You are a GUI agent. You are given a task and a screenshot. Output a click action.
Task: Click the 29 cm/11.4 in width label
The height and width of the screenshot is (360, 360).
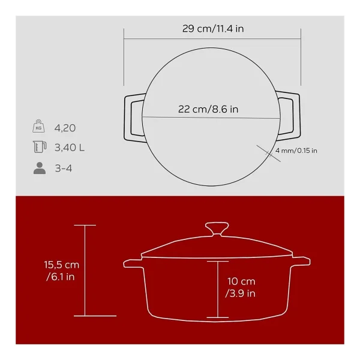pos(213,29)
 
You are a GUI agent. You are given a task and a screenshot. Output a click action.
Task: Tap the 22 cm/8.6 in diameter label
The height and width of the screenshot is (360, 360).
pos(208,109)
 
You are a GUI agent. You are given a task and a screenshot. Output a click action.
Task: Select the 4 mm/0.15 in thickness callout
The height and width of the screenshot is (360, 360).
pos(296,151)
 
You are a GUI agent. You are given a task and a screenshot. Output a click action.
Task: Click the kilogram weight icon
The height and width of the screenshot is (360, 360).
pos(38,126)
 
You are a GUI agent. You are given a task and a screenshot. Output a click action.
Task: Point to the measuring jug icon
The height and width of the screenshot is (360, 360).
pos(40,147)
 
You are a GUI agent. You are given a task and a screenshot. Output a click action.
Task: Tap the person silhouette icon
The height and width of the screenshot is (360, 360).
pos(40,168)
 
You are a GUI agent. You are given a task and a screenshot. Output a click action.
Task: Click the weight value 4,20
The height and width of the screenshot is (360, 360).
pos(65,128)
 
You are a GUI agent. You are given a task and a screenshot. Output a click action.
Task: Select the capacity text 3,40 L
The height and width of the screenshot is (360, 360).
pos(70,148)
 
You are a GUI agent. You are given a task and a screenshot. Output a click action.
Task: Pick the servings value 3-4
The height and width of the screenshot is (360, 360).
pos(64,168)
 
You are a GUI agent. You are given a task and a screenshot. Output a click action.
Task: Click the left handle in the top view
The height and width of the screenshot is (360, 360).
pos(126,118)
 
